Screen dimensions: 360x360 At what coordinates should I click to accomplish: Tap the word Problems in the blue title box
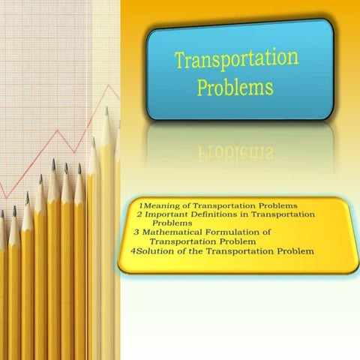click(235, 87)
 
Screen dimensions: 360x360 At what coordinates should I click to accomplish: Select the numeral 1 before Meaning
click(141, 205)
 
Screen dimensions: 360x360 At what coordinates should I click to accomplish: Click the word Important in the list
click(168, 214)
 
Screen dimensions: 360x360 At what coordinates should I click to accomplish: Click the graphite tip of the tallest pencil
click(106, 112)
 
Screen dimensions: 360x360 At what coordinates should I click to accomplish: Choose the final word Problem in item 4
click(293, 251)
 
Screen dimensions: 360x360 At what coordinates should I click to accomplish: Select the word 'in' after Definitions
click(253, 214)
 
